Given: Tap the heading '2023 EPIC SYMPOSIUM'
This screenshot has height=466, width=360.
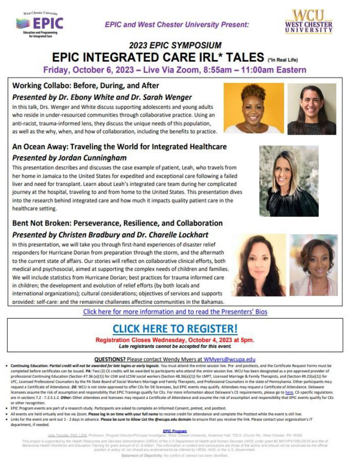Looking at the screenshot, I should tap(175, 45).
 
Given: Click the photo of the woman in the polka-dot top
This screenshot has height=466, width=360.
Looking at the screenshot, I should tap(312, 109).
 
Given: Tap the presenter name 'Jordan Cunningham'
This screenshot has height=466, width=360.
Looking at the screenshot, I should tap(92, 158).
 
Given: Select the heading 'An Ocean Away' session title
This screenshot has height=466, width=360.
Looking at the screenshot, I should tap(120, 147).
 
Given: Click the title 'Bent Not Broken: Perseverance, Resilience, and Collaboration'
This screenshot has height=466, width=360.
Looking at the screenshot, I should tap(117, 223).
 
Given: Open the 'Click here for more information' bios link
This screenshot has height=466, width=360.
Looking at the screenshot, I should tap(175, 312).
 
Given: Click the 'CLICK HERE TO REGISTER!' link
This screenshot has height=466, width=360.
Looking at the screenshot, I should tap(175, 328).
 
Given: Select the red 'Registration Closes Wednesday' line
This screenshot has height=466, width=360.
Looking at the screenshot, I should tap(175, 339).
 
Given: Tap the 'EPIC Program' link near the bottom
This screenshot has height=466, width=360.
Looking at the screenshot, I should tap(175, 431).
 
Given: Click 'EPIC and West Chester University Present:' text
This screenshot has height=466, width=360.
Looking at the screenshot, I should tap(177, 25).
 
